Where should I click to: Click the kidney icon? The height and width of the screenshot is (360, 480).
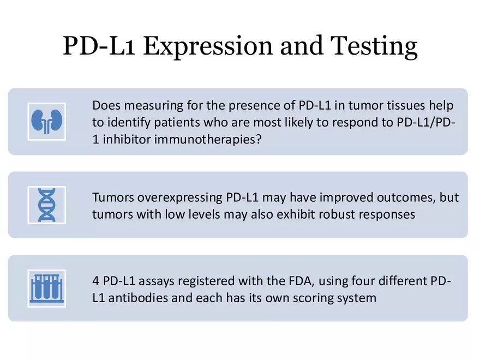(x=46, y=121)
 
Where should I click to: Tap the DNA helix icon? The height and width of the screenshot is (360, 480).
(x=46, y=205)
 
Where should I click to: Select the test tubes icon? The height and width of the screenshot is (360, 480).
(x=46, y=288)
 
